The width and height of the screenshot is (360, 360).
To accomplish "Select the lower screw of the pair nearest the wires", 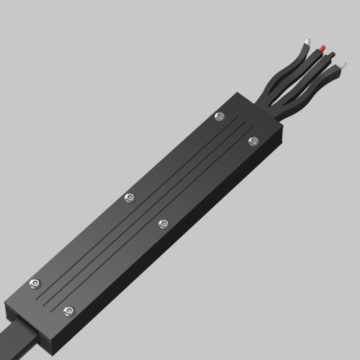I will click(x=253, y=141).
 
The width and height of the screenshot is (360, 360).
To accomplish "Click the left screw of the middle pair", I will click(x=130, y=197).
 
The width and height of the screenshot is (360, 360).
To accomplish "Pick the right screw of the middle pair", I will click(x=163, y=224).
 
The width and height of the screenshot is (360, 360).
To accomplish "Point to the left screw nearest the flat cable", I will click(x=34, y=284).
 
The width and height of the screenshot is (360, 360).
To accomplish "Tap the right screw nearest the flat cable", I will click(x=69, y=311).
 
